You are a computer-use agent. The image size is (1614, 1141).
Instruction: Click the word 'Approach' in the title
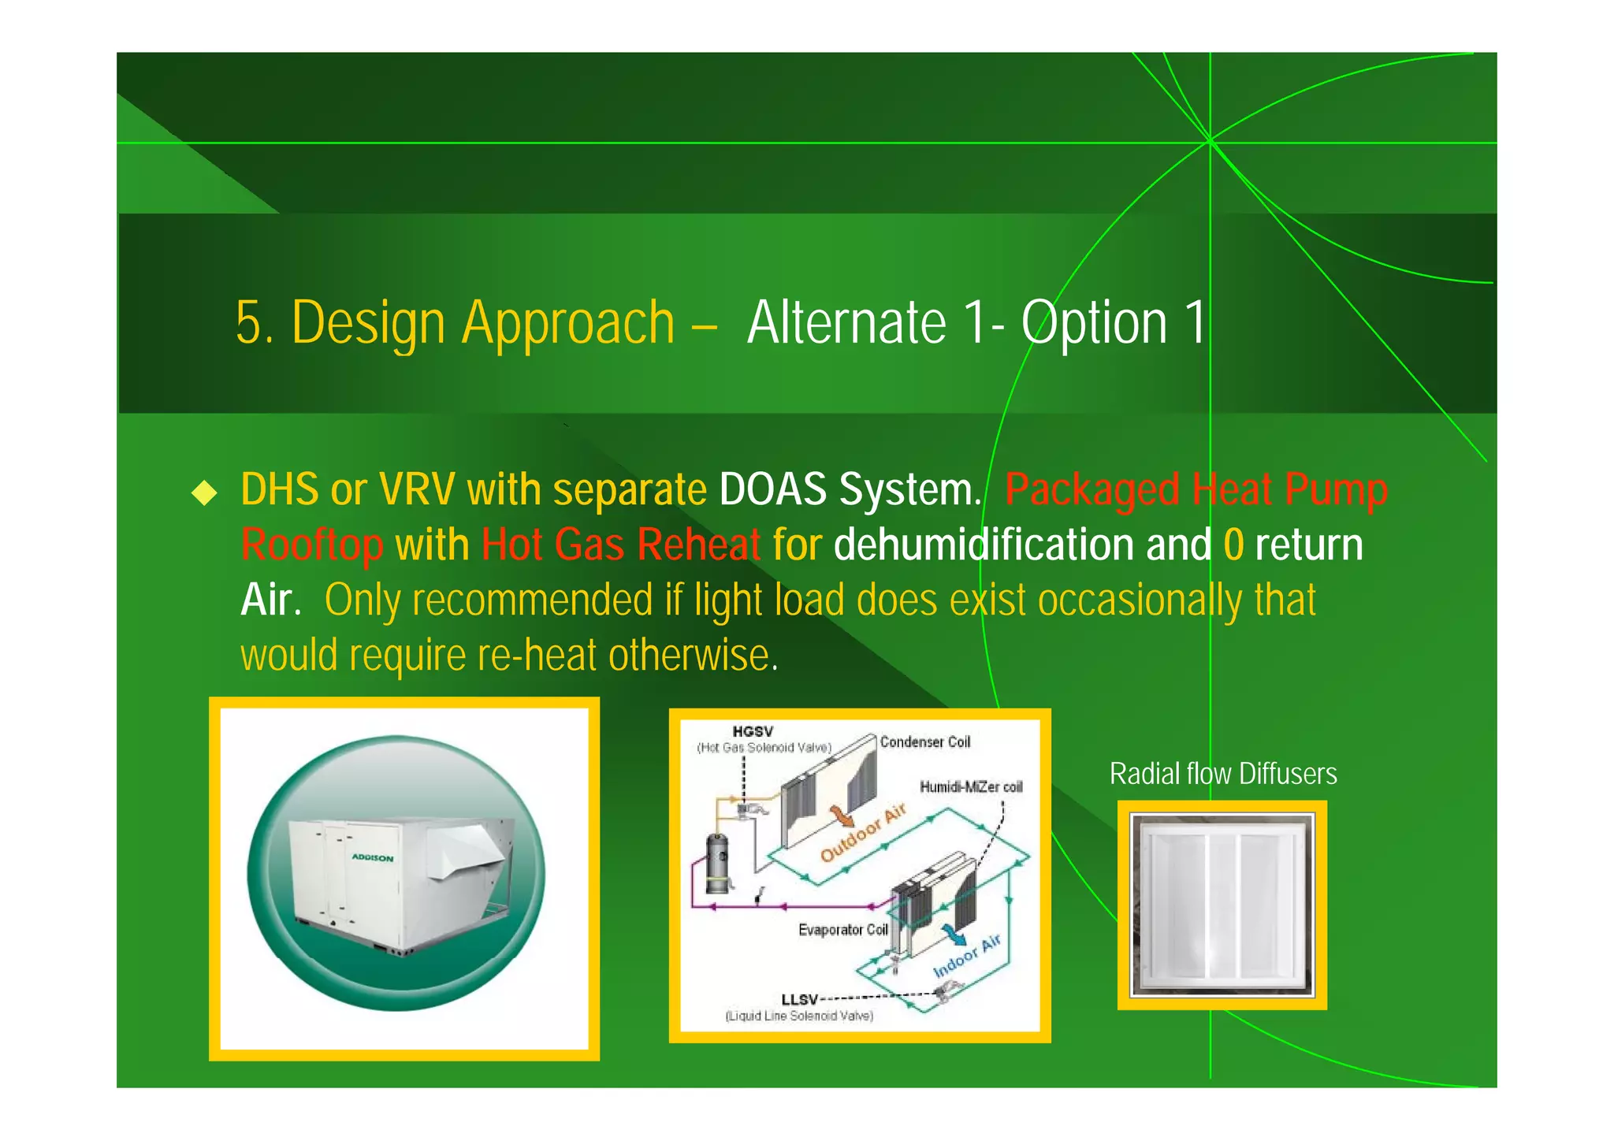click(x=567, y=323)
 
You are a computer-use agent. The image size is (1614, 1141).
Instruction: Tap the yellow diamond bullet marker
click(x=204, y=493)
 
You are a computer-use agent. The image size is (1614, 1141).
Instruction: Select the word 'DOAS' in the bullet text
click(x=772, y=489)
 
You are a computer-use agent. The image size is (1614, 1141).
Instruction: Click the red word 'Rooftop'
click(x=312, y=545)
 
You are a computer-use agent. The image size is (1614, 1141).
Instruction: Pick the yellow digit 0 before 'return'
click(x=1233, y=545)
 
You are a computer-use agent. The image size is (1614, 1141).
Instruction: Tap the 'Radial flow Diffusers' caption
click(x=1222, y=774)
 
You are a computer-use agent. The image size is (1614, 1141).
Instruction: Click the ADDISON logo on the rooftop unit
click(x=372, y=857)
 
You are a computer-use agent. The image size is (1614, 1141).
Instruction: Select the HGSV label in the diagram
click(x=753, y=732)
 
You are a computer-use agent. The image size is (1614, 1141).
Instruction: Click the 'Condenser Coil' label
click(x=924, y=742)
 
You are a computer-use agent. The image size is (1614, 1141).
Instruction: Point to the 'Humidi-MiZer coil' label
click(x=971, y=787)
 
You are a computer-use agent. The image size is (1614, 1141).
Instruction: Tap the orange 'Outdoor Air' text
click(x=863, y=834)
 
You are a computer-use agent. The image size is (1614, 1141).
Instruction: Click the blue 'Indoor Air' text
click(x=966, y=955)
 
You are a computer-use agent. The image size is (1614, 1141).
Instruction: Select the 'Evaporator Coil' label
click(x=842, y=930)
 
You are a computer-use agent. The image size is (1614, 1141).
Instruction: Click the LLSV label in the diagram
click(x=799, y=999)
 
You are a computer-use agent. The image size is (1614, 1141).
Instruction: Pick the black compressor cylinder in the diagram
click(x=717, y=864)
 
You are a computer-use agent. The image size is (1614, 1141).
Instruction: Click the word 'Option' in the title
click(x=1094, y=323)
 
